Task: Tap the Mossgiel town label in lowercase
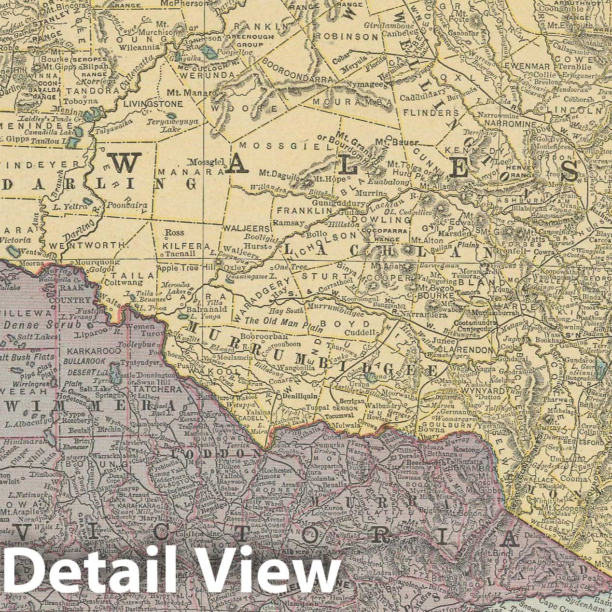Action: click(203, 162)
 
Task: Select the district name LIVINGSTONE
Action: click(153, 104)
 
